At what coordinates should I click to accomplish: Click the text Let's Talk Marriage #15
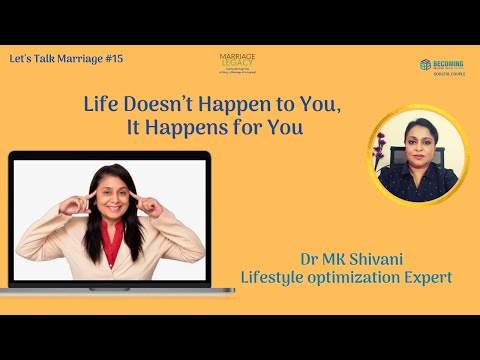(65, 60)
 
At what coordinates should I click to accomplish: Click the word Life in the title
(101, 106)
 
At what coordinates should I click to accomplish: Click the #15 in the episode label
(112, 60)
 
